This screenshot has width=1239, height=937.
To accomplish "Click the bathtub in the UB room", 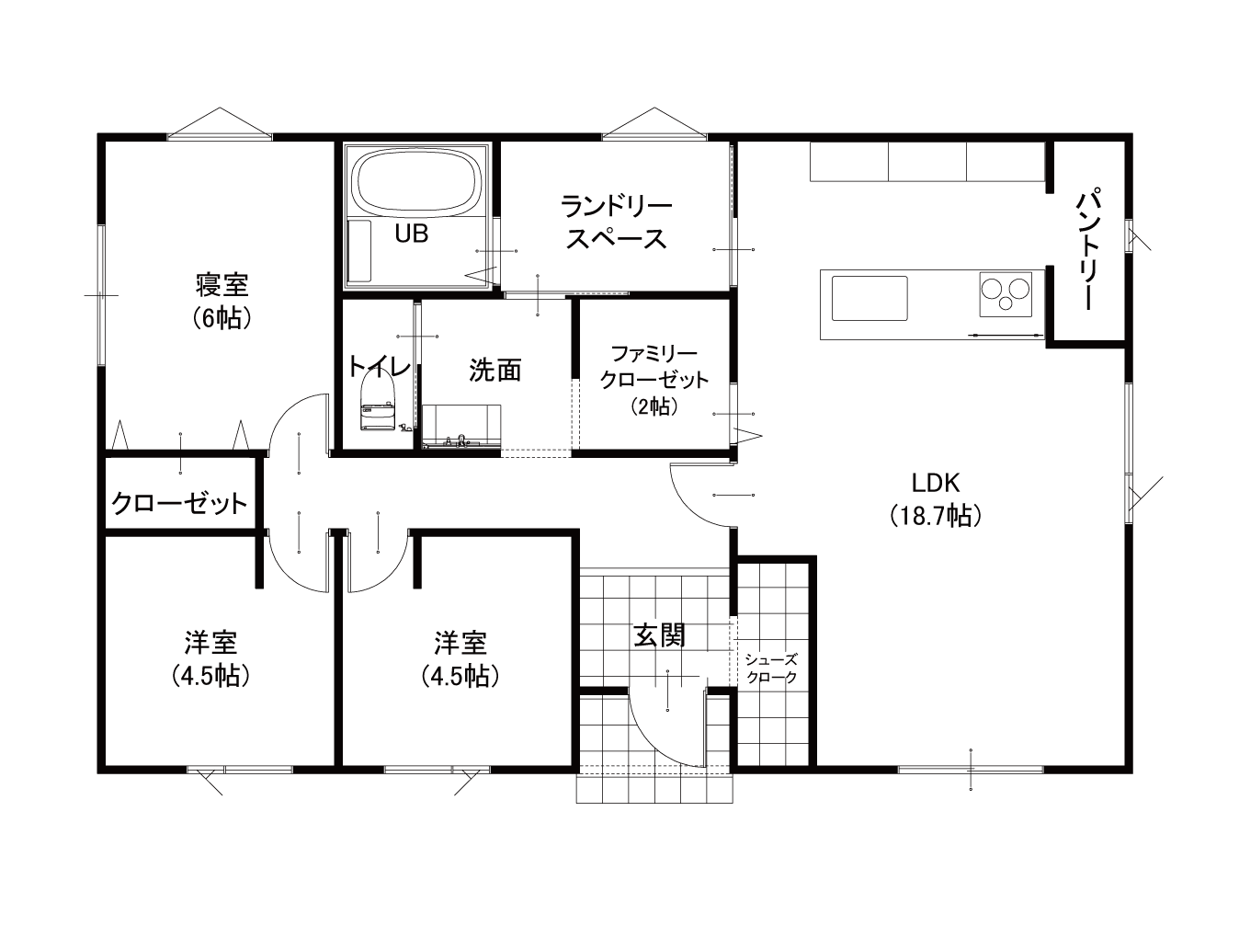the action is tap(419, 180).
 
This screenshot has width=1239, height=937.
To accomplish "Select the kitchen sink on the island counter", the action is tap(870, 299).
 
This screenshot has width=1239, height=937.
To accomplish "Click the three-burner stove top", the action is tap(1006, 294).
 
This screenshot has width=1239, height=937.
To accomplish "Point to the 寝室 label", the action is tap(222, 285).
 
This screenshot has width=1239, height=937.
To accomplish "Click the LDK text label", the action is tap(936, 483).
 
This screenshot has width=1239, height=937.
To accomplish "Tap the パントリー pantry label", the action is tap(1089, 251).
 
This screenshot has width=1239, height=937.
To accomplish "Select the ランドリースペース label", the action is tap(616, 222).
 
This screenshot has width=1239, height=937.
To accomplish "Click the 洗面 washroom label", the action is tap(495, 371).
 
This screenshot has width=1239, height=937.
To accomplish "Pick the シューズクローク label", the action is tap(771, 668).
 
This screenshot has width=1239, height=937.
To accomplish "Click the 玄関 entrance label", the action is tap(659, 635).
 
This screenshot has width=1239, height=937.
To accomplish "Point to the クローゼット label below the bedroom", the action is tap(179, 503).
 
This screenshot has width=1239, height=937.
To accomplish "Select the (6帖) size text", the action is tap(222, 319).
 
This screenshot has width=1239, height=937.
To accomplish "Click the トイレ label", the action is tap(379, 367).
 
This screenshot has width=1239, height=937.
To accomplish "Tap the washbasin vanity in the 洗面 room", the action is tap(461, 426).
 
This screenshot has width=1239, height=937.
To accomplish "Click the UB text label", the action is tap(412, 234).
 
